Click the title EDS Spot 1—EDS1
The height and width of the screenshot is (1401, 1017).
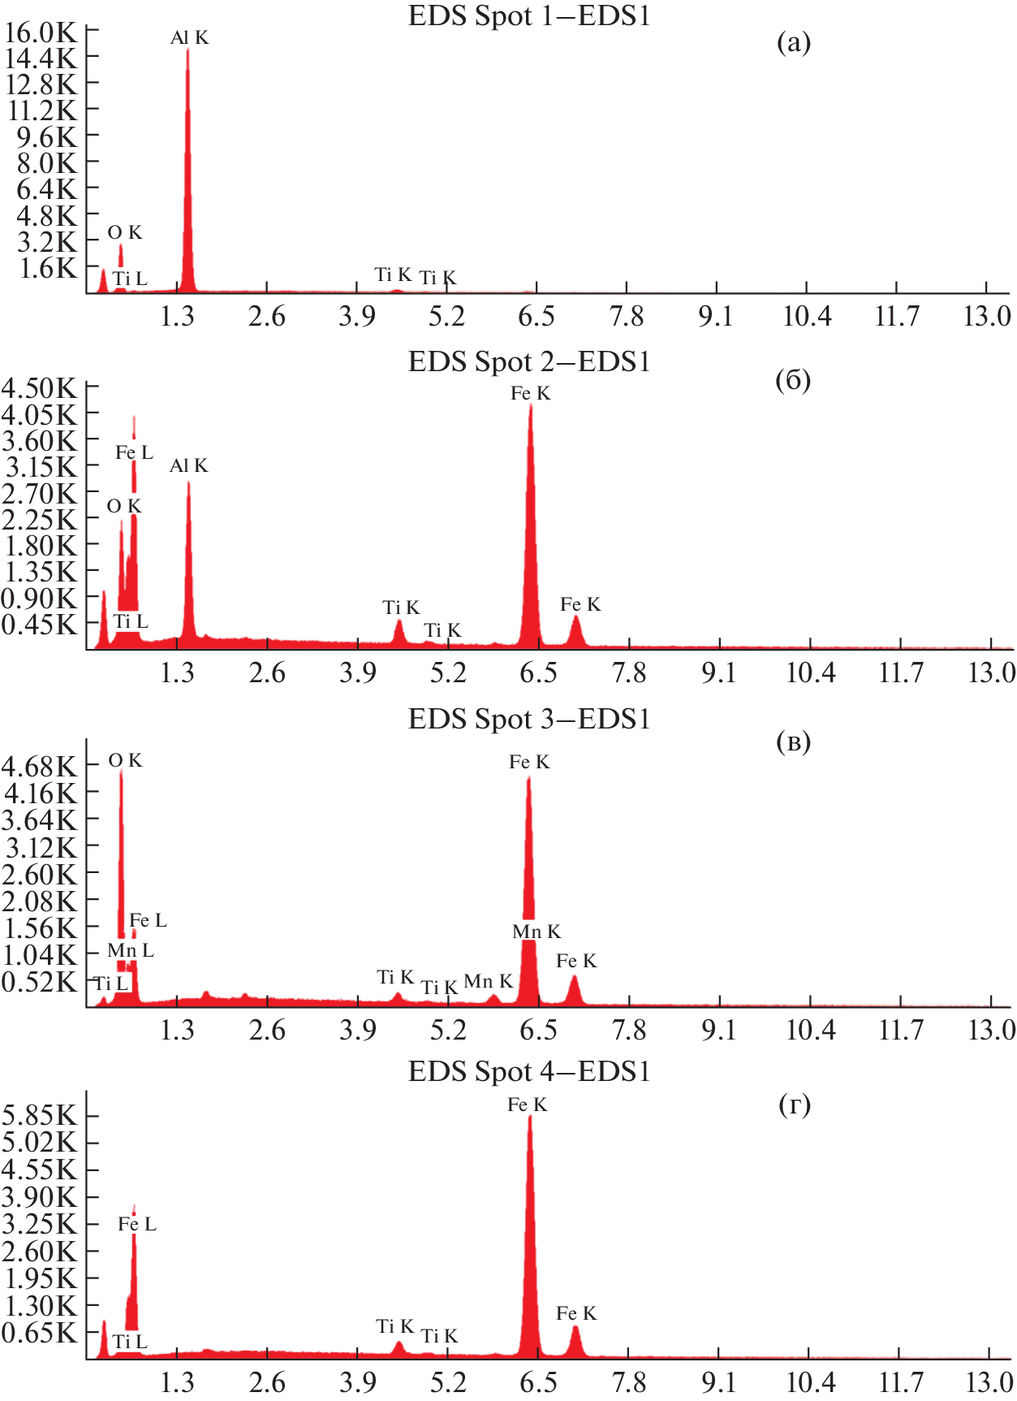(x=528, y=16)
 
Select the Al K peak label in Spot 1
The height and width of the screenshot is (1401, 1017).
(x=189, y=37)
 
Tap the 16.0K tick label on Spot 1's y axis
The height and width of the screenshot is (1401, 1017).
(x=41, y=32)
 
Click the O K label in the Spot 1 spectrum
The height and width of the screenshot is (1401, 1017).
(x=125, y=233)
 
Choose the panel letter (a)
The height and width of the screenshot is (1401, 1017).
(x=793, y=42)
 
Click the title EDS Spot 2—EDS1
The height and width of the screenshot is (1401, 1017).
(x=528, y=361)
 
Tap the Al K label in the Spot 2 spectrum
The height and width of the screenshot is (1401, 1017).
(x=188, y=465)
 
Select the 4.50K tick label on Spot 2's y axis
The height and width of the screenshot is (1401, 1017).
(x=39, y=388)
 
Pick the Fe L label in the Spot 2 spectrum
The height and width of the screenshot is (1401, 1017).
(x=134, y=452)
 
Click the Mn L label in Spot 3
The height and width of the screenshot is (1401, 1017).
(x=130, y=950)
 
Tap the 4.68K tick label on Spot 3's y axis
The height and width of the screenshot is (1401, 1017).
(x=39, y=767)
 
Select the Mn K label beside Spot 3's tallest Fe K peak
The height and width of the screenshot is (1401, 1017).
(x=537, y=932)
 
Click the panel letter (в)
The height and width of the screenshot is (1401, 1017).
(x=793, y=742)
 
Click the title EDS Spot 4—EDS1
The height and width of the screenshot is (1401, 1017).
(x=528, y=1072)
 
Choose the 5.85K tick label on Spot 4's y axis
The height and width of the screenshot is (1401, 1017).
(x=39, y=1116)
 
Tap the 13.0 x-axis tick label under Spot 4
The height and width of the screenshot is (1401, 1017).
(x=989, y=1382)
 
